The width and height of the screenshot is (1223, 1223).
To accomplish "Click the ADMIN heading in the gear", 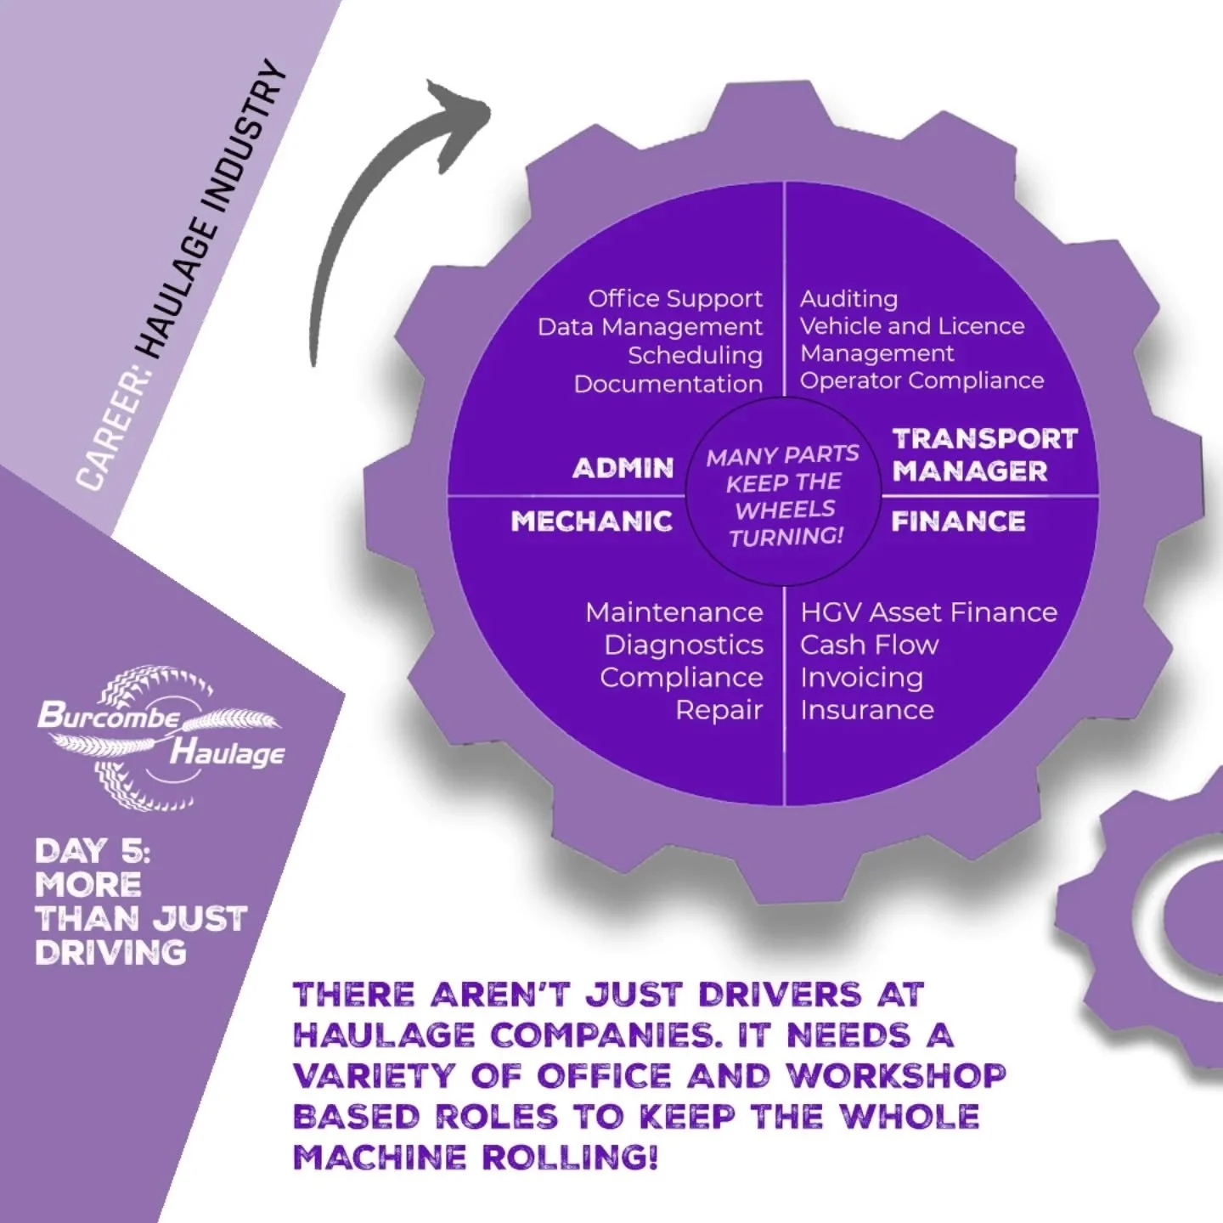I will pos(623,468).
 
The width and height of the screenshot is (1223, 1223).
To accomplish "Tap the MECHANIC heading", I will pos(592,521).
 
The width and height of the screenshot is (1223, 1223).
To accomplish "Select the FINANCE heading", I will pos(958,521).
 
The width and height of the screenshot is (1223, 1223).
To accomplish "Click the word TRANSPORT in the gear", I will pos(984,439).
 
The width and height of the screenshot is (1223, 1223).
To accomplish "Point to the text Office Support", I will pos(675,299).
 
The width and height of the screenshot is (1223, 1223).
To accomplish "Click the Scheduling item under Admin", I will pos(695,355).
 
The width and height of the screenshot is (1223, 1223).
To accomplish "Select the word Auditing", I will pos(848,299).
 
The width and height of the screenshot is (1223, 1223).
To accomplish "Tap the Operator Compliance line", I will pos(921,380).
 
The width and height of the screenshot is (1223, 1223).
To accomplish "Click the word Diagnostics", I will pos(684,645).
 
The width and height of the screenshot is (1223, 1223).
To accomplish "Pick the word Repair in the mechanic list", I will pos(719,710).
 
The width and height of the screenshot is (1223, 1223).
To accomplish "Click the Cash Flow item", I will pos(869,645).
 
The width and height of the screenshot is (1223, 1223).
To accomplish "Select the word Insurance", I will pos(866,710).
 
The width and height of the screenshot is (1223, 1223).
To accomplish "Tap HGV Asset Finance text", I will pos(928,612).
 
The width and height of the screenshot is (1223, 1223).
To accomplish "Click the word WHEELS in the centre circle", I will pos(785,510).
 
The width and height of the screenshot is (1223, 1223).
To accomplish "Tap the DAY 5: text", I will pos(92,851).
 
